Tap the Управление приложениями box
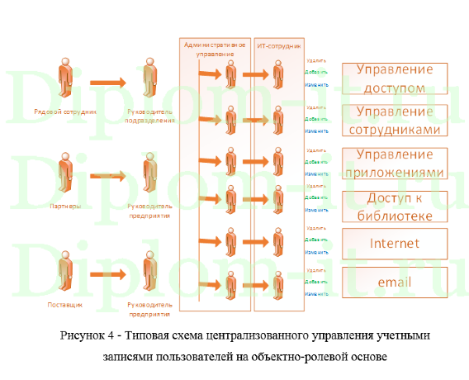[396, 164]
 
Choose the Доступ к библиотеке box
[396, 207]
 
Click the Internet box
[396, 243]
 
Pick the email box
[396, 282]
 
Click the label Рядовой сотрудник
[65, 111]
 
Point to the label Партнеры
[65, 206]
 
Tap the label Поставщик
[65, 305]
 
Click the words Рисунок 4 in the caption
[88, 336]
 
